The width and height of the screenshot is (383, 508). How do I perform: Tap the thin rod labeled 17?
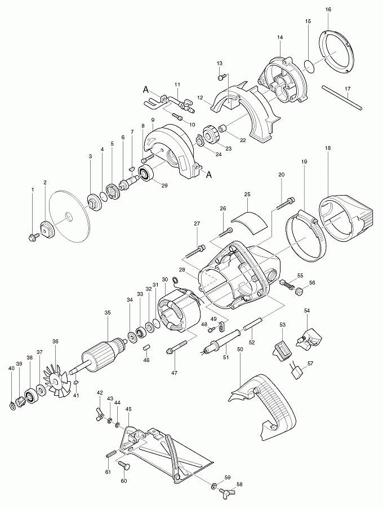tap(342, 98)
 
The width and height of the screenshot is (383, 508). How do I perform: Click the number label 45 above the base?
tap(128, 409)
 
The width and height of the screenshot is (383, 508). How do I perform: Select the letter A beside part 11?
tap(146, 90)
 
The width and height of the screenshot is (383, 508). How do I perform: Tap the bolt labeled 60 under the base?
tap(123, 467)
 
